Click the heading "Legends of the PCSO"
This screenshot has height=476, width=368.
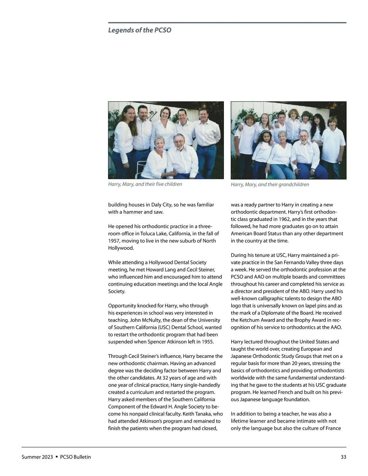tap(140, 30)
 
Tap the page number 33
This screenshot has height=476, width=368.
tap(343, 457)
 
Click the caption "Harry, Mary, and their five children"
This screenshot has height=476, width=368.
tap(145, 184)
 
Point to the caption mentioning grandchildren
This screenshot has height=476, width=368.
tap(270, 185)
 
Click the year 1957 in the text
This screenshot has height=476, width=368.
tap(114, 241)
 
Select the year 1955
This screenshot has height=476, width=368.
tap(207, 342)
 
